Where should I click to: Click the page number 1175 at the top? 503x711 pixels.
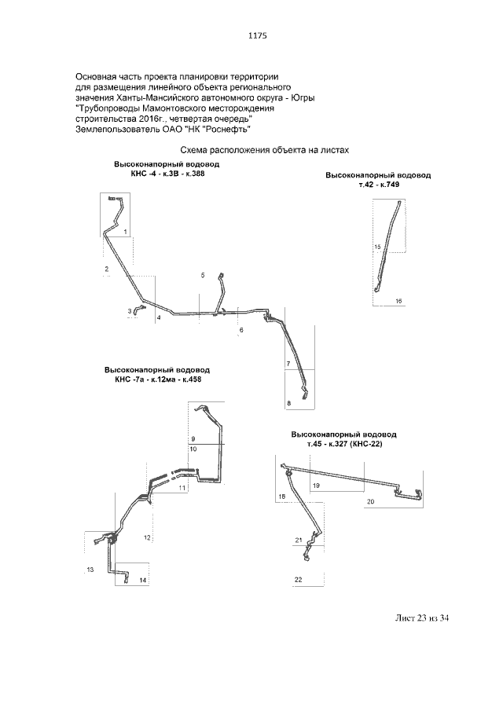pos(257,35)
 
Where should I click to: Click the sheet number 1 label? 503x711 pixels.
pos(125,233)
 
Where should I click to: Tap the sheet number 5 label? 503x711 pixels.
pos(203,275)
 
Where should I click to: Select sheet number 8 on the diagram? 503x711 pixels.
pos(289,403)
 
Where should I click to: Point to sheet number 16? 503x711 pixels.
pos(398,301)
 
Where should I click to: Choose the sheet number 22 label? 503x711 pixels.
pos(298,580)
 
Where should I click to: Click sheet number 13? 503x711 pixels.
pos(90,570)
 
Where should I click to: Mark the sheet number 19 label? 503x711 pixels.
pos(316,486)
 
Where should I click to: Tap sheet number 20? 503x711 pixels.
pos(370,501)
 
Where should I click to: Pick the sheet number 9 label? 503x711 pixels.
pos(193,439)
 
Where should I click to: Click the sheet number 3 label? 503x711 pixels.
pos(129,311)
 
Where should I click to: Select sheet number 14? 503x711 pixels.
pos(143,581)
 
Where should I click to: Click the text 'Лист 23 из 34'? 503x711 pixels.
pos(422,618)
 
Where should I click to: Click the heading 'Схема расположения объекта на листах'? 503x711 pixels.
pos(265,150)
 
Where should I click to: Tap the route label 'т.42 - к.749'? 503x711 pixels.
pos(379,185)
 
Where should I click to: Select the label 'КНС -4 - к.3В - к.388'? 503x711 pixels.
pos(167,173)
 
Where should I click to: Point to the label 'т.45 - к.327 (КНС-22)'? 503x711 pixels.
pos(344,445)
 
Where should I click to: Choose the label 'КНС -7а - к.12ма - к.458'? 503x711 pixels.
pos(158,379)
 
